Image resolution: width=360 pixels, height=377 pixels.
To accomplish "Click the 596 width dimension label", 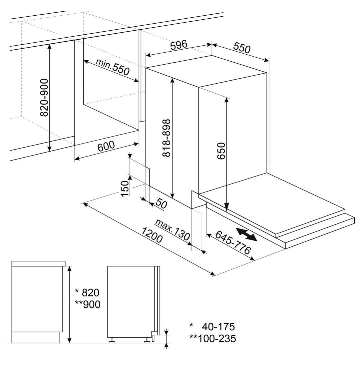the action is click(179, 45).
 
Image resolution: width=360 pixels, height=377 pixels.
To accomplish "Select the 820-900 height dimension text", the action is click(44, 97).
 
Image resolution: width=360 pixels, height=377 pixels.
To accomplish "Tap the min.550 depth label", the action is click(113, 67).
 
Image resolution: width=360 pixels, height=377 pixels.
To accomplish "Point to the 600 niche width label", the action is click(106, 146).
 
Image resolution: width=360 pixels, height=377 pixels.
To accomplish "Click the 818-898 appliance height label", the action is click(167, 138).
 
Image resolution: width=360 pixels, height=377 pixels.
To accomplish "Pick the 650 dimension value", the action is click(221, 151).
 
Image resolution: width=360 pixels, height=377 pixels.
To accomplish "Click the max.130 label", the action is click(173, 229).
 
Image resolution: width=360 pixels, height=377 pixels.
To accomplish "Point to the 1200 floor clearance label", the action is click(152, 235).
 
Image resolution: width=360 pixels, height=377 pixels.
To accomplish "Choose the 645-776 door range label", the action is click(233, 242).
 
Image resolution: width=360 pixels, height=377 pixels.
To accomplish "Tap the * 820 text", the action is click(87, 292).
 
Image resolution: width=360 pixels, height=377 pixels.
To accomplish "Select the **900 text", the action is click(88, 304).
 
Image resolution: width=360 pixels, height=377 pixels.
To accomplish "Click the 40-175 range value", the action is click(218, 326).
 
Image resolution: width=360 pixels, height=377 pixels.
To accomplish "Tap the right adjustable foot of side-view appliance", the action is click(147, 340).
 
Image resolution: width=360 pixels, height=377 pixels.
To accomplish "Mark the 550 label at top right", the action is click(241, 48).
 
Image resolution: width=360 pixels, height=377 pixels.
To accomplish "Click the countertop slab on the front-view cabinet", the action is click(39, 263).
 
